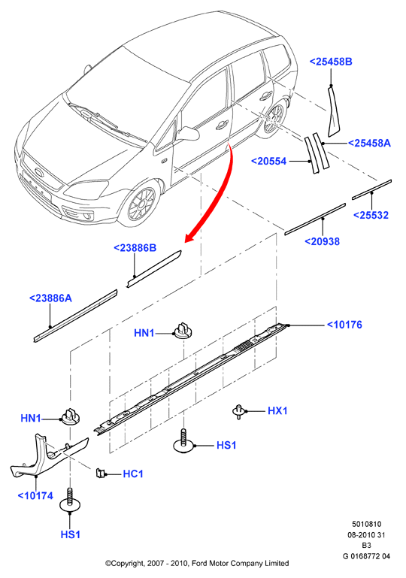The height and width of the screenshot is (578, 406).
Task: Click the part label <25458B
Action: click(x=331, y=62)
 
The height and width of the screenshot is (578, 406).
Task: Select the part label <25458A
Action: click(x=369, y=143)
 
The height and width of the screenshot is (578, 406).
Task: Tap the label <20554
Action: click(x=268, y=161)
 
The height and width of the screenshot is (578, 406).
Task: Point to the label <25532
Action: click(x=371, y=215)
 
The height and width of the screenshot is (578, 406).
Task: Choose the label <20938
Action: click(x=323, y=241)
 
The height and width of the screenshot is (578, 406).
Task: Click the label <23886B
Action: click(x=135, y=248)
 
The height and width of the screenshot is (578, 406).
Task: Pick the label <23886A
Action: click(x=50, y=298)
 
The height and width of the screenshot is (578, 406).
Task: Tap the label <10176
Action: click(x=344, y=325)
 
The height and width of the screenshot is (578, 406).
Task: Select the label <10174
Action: click(x=35, y=496)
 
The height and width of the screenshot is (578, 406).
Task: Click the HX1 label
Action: click(x=277, y=410)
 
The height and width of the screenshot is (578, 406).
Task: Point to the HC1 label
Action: click(x=133, y=474)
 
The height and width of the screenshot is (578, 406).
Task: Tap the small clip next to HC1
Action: click(x=99, y=473)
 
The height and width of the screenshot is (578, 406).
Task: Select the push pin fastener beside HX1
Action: click(x=238, y=411)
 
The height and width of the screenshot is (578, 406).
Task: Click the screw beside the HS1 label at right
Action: click(x=183, y=440)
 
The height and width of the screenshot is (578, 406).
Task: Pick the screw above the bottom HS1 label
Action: click(x=70, y=500)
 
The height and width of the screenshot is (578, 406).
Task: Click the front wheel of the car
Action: click(x=140, y=204)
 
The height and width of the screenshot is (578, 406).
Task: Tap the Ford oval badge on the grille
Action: click(x=38, y=173)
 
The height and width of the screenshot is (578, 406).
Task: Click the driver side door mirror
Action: click(x=188, y=134)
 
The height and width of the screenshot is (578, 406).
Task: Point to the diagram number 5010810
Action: click(x=366, y=524)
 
